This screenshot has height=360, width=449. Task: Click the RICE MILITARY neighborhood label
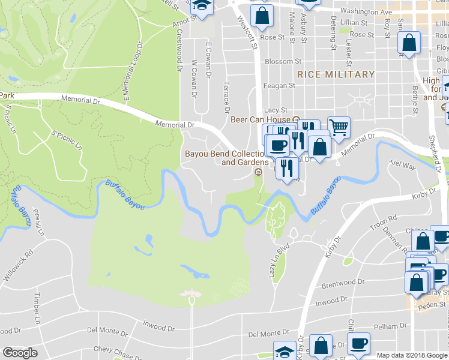click(x=336, y=74)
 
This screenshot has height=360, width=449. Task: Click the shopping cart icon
click(x=339, y=127)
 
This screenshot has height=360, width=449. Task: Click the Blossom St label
click(x=283, y=61)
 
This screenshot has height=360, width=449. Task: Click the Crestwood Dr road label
click(x=179, y=50)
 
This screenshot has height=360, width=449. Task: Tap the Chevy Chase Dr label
click(x=115, y=350)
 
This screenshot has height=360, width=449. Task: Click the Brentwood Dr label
click(x=344, y=281)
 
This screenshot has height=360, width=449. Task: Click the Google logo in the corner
click(x=20, y=353)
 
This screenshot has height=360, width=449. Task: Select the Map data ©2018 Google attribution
click(x=412, y=355)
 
